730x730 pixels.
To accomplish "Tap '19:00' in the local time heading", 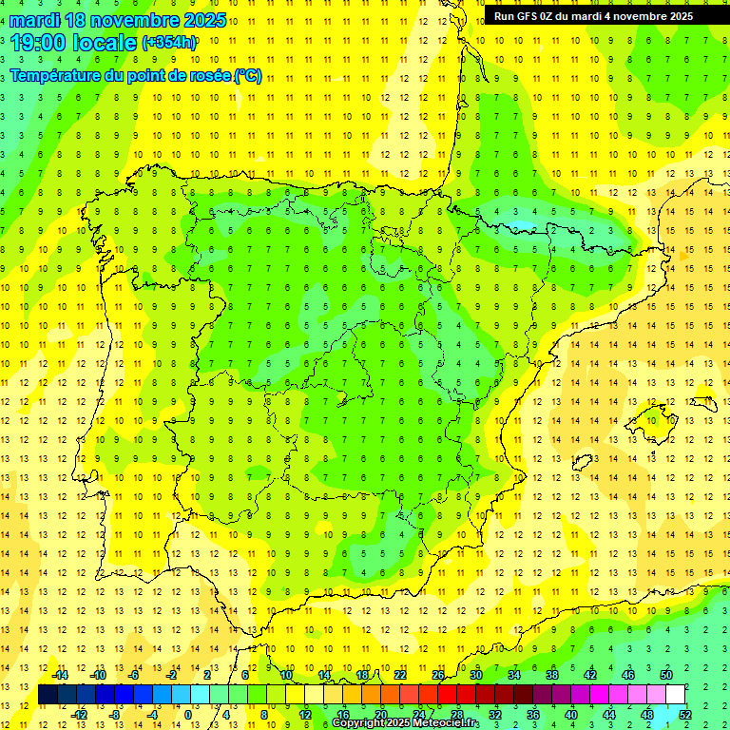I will click(x=39, y=43).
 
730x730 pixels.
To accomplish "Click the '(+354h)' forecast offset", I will click(x=169, y=43).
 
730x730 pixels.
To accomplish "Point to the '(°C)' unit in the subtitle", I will click(x=247, y=76).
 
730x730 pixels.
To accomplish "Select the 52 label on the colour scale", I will click(x=686, y=715).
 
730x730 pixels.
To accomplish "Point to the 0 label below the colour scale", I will click(x=188, y=715).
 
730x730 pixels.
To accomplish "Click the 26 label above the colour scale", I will click(x=438, y=675).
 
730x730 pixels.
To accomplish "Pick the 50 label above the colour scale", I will click(x=666, y=675).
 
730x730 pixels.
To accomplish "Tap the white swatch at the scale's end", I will click(x=675, y=695).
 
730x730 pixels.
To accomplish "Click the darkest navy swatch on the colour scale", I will click(x=48, y=695).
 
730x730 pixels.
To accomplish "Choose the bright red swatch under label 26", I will click(x=447, y=695).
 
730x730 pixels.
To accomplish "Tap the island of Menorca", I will click(x=702, y=403).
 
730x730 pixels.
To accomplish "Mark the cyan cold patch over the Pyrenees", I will click(x=520, y=226).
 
